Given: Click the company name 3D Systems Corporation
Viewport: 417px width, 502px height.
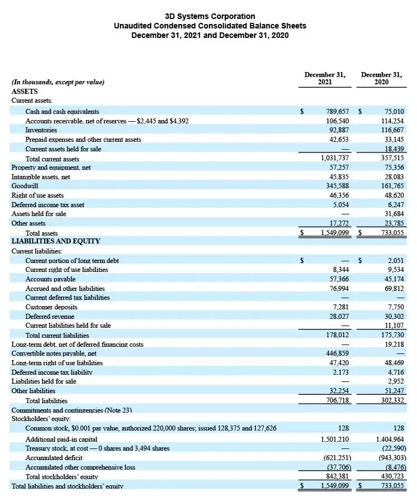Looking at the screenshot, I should (x=210, y=16).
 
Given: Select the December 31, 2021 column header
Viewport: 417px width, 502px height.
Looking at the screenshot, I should (x=324, y=78).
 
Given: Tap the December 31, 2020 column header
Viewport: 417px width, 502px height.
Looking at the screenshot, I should (x=381, y=78).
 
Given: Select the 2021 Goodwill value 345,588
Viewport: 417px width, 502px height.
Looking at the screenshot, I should (x=337, y=186).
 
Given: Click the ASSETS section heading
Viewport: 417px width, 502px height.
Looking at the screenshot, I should (x=25, y=91).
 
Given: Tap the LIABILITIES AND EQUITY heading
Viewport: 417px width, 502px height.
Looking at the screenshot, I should (x=56, y=241).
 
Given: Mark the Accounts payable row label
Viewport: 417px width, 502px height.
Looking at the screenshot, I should (x=50, y=279).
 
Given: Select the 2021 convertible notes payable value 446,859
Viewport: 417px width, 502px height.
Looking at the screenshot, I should (x=337, y=353).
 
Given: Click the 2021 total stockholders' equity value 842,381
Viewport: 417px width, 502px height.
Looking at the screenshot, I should (x=337, y=476).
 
